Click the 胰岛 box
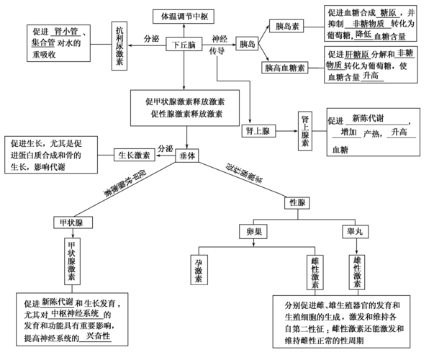(248, 45)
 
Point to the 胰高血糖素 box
(288, 67)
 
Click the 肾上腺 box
(258, 131)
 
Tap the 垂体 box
(187, 155)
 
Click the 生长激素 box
(134, 154)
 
